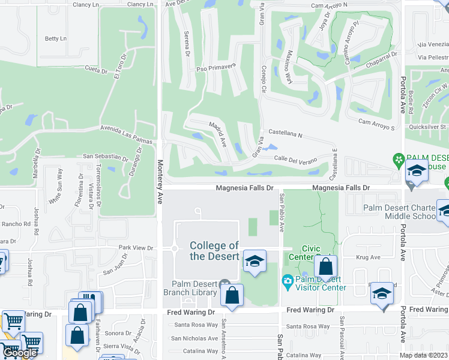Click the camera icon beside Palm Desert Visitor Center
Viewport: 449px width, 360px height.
[x=288, y=281]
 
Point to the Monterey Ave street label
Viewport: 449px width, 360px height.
[x=160, y=182]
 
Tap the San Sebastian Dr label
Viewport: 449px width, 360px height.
[x=105, y=157]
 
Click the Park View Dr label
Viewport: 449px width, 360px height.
[x=136, y=247]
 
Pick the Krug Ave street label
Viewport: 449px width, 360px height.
[x=368, y=257]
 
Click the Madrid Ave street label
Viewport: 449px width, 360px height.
[x=217, y=134]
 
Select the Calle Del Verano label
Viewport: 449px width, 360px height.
[x=295, y=158]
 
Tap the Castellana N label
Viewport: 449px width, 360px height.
[x=285, y=133]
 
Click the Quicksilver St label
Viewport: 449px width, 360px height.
[x=426, y=127]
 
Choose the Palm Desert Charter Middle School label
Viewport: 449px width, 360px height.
[x=399, y=212]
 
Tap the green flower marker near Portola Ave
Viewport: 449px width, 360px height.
[x=397, y=160]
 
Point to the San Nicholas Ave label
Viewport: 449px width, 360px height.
[x=194, y=338]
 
